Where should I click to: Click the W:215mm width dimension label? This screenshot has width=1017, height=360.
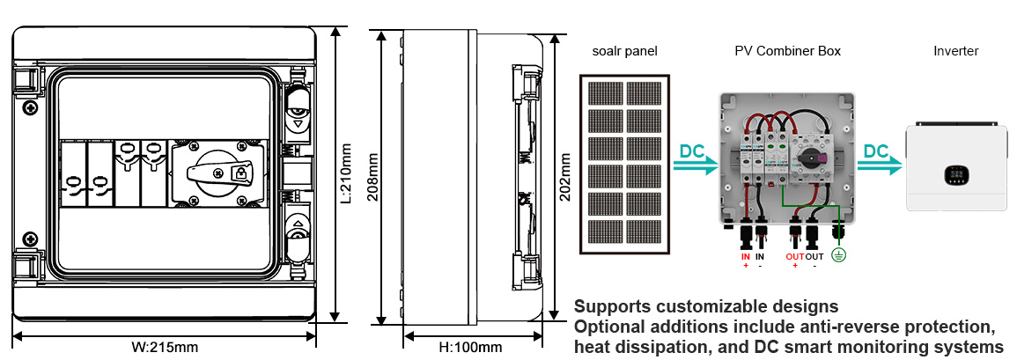[x=165, y=348]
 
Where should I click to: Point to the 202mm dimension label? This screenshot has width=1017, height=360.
[x=565, y=176]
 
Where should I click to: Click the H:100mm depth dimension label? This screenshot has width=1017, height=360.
[x=470, y=348]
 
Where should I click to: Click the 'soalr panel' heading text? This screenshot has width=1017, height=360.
[x=624, y=51]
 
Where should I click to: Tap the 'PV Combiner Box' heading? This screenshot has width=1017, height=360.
[x=787, y=51]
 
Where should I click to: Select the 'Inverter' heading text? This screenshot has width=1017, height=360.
[x=955, y=51]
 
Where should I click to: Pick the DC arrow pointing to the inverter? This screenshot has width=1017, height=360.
[x=880, y=159]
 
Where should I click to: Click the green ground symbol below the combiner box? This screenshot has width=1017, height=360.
[x=838, y=255]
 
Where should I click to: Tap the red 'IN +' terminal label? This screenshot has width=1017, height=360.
[x=745, y=261]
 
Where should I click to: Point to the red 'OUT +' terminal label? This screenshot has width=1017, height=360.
[x=795, y=261]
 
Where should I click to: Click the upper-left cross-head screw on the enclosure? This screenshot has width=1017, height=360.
[x=28, y=107]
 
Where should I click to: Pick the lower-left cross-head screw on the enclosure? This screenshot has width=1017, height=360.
[x=28, y=239]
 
